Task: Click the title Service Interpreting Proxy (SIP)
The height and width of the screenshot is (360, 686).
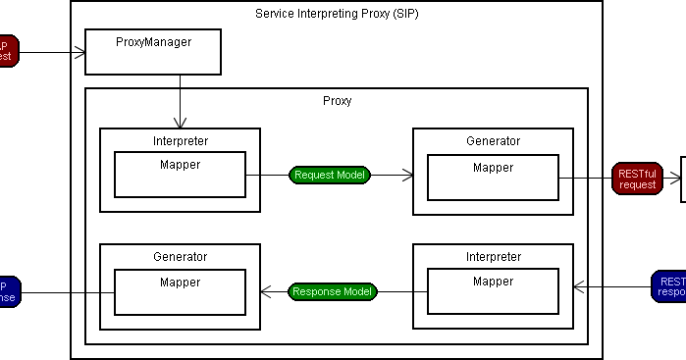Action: click(337, 14)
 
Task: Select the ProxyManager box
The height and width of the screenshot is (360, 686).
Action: click(152, 51)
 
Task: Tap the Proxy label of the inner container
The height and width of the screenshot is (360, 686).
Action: click(337, 100)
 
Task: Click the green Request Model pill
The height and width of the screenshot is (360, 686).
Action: click(330, 176)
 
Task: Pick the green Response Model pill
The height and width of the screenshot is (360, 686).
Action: click(332, 291)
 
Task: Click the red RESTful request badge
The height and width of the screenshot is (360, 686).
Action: click(637, 178)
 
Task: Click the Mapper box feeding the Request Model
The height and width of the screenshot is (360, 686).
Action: click(180, 175)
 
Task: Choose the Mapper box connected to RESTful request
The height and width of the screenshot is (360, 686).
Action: click(493, 177)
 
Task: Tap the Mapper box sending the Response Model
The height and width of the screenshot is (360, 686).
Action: click(493, 291)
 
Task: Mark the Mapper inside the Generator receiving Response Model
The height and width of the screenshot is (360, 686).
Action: click(180, 291)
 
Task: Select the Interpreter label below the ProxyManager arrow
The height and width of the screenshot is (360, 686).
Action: click(181, 141)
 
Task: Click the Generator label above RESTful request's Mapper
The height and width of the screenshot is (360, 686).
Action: click(493, 141)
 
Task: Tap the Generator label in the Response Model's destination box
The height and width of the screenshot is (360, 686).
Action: click(181, 257)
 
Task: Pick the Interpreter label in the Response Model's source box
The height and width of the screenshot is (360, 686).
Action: click(493, 257)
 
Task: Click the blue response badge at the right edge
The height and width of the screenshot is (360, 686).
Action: click(668, 285)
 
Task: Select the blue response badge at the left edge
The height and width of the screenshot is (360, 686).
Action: click(8, 291)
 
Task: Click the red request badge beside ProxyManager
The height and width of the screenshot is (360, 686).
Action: click(7, 50)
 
